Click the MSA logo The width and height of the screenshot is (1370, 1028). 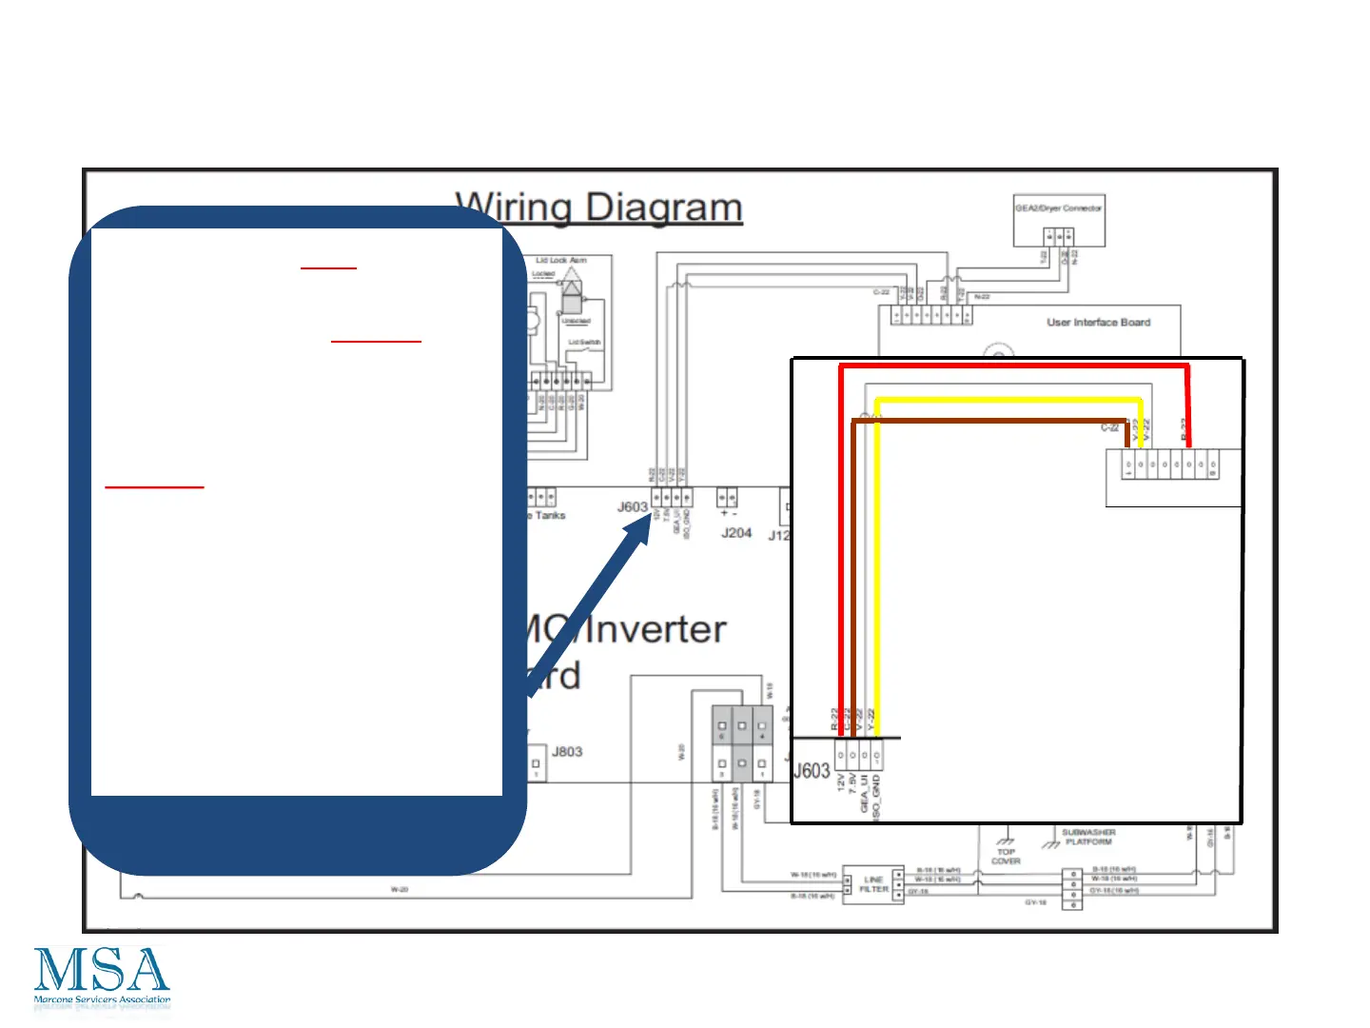tap(102, 977)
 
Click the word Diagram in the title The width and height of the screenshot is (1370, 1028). tap(663, 208)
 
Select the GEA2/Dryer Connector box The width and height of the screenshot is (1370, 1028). tap(1058, 220)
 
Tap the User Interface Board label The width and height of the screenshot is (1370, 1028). tap(1098, 323)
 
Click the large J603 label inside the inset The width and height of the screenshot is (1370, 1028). tap(812, 771)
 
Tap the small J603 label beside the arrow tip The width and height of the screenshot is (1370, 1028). tap(632, 506)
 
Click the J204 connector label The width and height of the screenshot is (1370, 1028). tap(736, 533)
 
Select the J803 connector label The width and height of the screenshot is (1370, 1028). tap(567, 752)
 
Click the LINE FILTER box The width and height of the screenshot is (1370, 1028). tap(873, 884)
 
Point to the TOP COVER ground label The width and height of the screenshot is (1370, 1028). tap(1006, 857)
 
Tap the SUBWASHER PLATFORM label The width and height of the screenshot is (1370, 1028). tap(1088, 837)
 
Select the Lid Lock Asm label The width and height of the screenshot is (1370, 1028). tap(560, 260)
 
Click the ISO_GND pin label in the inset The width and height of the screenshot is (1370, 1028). tap(876, 797)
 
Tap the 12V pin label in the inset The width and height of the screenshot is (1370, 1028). tap(841, 782)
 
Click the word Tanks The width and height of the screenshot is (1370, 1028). tap(550, 516)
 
